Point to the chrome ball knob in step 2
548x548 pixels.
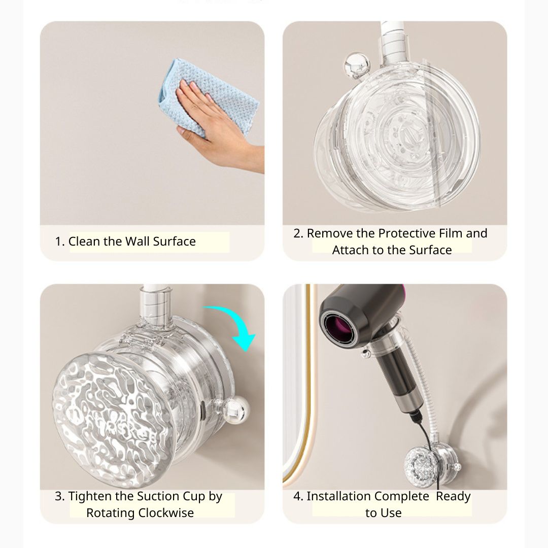357,65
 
